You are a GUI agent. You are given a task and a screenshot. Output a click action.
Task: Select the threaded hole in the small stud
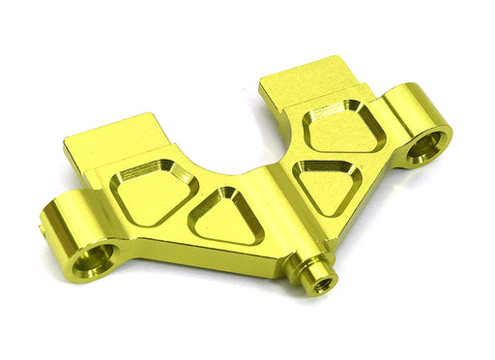[x=324, y=285]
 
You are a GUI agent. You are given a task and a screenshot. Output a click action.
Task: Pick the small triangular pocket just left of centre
[x=228, y=216]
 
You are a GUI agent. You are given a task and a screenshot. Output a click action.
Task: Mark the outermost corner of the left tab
[x=66, y=145]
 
